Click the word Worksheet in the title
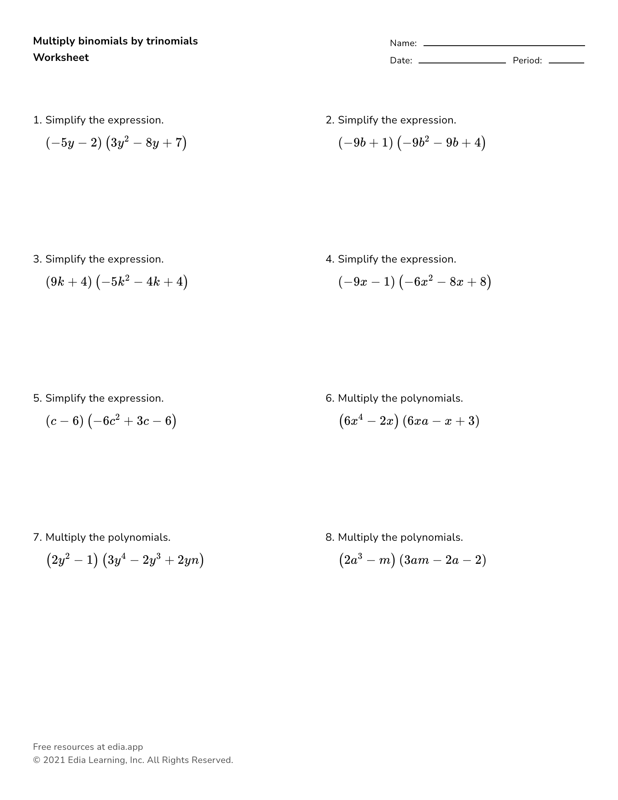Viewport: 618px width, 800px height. pyautogui.click(x=61, y=58)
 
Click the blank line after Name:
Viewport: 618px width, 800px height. pyautogui.click(x=504, y=45)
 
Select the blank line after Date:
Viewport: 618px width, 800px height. pyautogui.click(x=462, y=63)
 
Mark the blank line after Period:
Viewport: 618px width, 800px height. pyautogui.click(x=566, y=63)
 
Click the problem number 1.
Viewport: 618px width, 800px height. pyautogui.click(x=37, y=120)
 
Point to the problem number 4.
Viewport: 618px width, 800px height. pyautogui.click(x=329, y=259)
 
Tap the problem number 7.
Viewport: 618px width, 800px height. pyautogui.click(x=37, y=537)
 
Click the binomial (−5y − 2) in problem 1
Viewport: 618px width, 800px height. pyautogui.click(x=74, y=143)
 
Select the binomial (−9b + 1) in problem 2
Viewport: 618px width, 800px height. pyautogui.click(x=365, y=143)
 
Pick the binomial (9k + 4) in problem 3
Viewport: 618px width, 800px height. pyautogui.click(x=69, y=282)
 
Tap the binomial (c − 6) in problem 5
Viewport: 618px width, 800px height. pyautogui.click(x=65, y=421)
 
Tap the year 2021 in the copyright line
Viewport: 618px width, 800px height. pyautogui.click(x=54, y=760)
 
